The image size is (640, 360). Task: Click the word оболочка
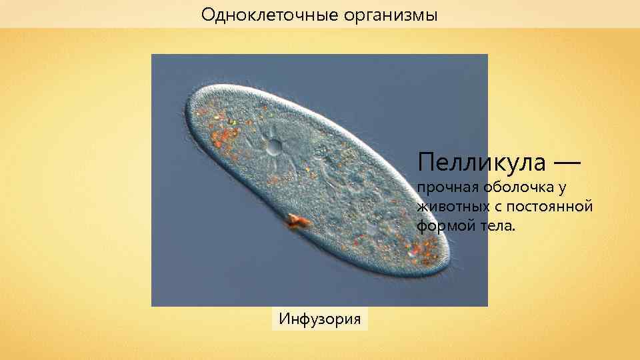pyautogui.click(x=517, y=189)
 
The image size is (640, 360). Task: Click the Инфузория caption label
pyautogui.click(x=320, y=319)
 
